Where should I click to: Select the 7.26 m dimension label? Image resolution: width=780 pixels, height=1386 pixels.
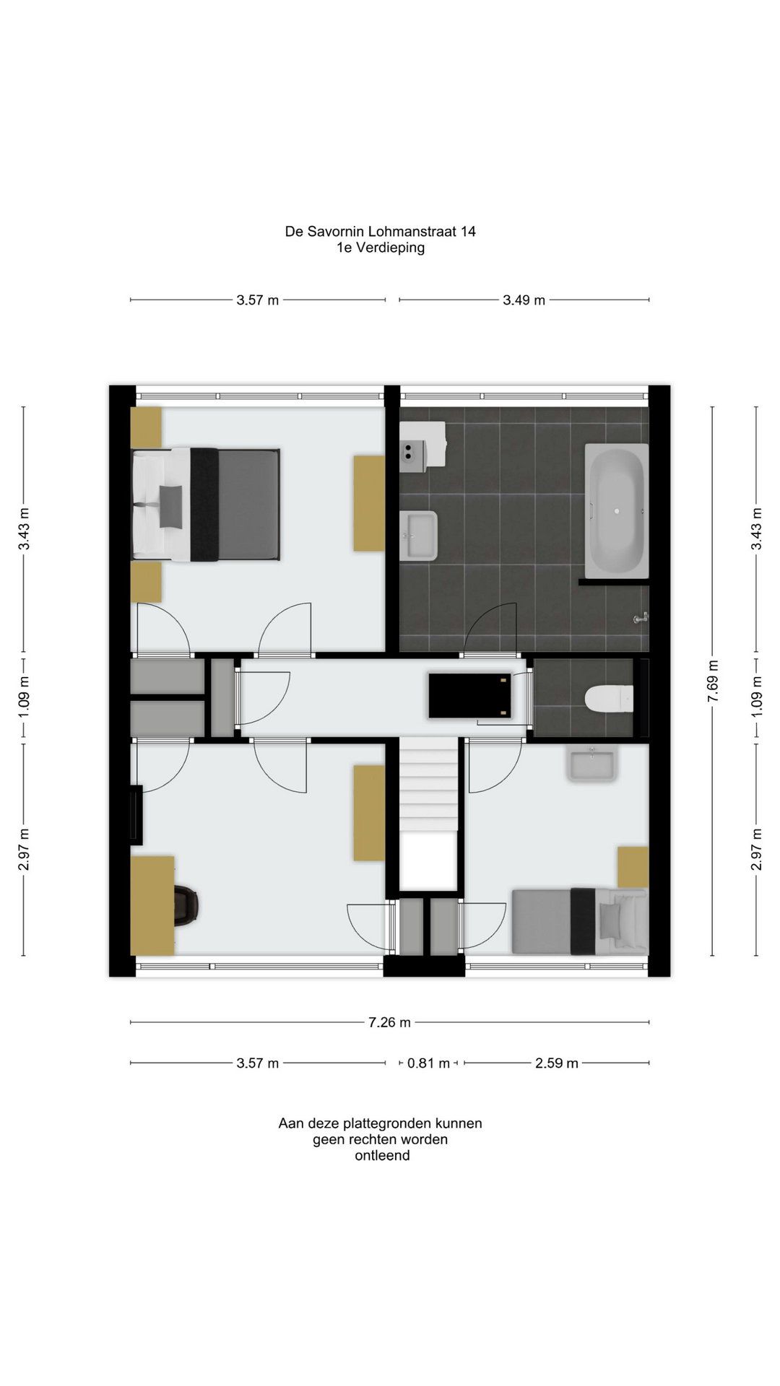click(x=389, y=1022)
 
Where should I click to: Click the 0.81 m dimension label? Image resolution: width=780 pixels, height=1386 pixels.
click(x=428, y=1063)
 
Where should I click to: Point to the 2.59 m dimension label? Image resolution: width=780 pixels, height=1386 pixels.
click(x=556, y=1063)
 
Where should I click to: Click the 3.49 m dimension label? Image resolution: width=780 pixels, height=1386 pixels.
click(x=524, y=300)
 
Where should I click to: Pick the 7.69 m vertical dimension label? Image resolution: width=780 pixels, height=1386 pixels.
click(x=713, y=681)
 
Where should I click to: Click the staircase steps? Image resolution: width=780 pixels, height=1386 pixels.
click(x=429, y=784)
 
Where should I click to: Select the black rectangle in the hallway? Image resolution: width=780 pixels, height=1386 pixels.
click(x=470, y=696)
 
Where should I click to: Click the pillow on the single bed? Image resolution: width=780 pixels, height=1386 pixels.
click(x=610, y=921)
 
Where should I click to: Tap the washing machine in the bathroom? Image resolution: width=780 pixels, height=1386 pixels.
click(x=422, y=447)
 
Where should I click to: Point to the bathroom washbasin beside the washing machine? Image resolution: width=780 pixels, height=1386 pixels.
click(x=419, y=536)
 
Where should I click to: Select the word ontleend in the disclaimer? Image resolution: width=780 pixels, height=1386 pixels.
click(x=382, y=1155)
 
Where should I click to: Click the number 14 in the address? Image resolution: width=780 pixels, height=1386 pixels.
click(x=468, y=232)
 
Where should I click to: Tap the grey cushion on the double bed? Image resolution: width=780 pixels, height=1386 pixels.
click(x=171, y=506)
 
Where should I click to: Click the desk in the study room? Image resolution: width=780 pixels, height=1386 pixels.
click(x=152, y=906)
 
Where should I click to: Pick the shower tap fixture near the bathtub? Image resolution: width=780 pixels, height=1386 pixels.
click(x=641, y=618)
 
